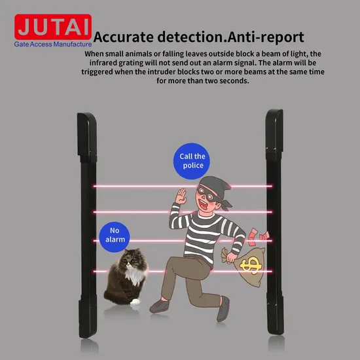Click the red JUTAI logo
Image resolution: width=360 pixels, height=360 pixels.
point(53,27)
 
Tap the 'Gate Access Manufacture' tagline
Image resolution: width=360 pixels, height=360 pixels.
point(53,44)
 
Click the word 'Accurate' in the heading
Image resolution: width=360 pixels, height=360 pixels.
point(123,37)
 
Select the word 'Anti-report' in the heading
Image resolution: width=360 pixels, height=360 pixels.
point(266,37)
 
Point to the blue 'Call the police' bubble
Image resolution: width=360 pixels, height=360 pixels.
point(192,161)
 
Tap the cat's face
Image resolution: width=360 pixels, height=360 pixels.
point(130,260)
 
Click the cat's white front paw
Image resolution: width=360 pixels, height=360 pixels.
point(135,302)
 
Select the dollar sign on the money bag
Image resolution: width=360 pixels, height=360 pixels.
point(251,264)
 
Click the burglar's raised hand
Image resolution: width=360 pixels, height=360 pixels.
point(181,196)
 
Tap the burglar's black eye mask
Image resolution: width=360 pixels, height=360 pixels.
point(207,194)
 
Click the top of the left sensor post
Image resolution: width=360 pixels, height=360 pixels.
point(86,114)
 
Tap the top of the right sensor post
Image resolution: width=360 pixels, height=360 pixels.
point(275,111)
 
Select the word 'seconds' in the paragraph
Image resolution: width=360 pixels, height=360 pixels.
point(234,81)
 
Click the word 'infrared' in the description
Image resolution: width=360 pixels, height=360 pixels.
point(103,63)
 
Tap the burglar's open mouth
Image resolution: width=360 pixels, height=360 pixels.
point(203,204)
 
